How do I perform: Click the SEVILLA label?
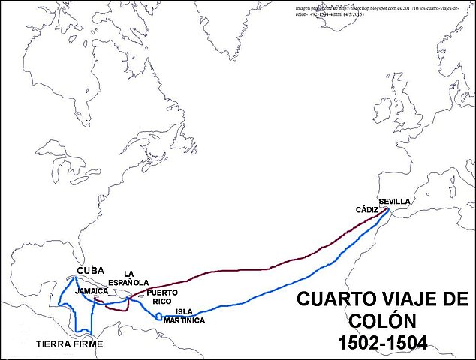394,202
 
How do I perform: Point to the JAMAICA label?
92,290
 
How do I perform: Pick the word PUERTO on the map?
163,292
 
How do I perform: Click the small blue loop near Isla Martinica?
158,316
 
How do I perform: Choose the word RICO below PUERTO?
162,301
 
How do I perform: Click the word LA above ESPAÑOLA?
129,274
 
